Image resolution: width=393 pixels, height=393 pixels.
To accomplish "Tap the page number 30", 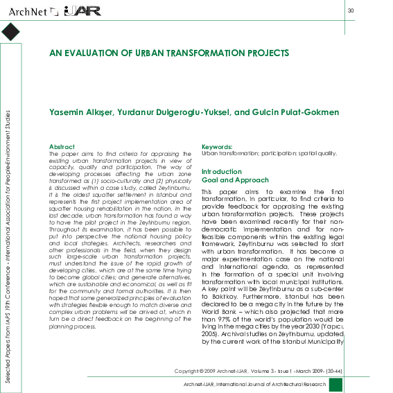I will click(x=351, y=10).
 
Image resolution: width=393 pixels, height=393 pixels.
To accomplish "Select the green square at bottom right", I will click(x=335, y=385).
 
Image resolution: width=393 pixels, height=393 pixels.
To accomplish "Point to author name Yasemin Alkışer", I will click(x=77, y=112).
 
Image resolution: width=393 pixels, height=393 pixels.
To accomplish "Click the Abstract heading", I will click(x=62, y=146).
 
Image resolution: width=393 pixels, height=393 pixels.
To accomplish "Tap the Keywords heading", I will click(x=216, y=146).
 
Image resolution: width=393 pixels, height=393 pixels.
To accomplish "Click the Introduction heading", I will click(x=222, y=171).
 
